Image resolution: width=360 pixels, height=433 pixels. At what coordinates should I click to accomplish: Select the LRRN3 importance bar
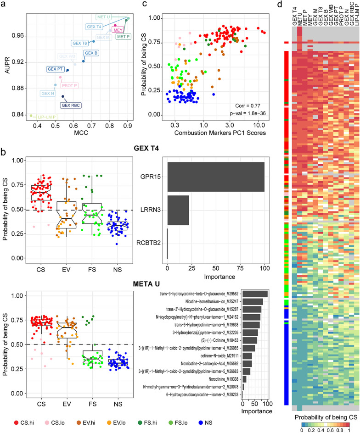pos(178,210)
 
